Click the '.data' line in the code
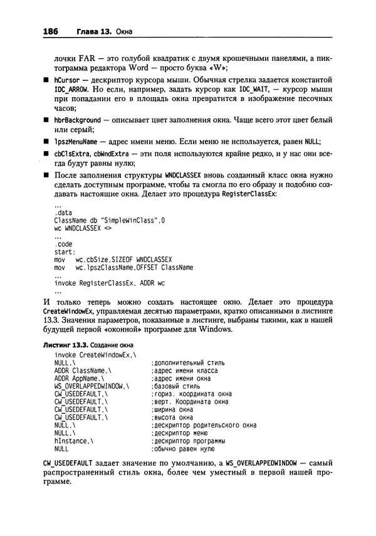pyautogui.click(x=63, y=213)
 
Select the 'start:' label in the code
pyautogui.click(x=65, y=250)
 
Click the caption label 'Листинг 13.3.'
pyautogui.click(x=65, y=345)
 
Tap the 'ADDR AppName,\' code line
pyautogui.click(x=79, y=379)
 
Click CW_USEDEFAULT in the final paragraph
pyautogui.click(x=67, y=463)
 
